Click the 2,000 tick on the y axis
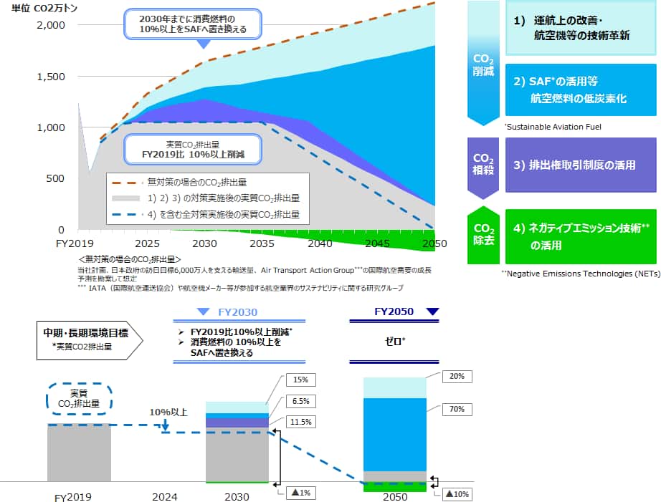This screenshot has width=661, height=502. click(50, 25)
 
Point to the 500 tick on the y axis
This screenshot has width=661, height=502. click(55, 179)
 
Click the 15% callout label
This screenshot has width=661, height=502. click(300, 380)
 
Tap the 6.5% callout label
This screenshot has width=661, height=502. click(300, 402)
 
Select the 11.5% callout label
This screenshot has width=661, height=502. click(300, 423)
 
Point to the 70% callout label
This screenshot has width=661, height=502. click(457, 410)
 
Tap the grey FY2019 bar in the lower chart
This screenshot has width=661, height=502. click(79, 453)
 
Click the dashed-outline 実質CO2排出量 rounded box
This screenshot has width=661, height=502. click(79, 399)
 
